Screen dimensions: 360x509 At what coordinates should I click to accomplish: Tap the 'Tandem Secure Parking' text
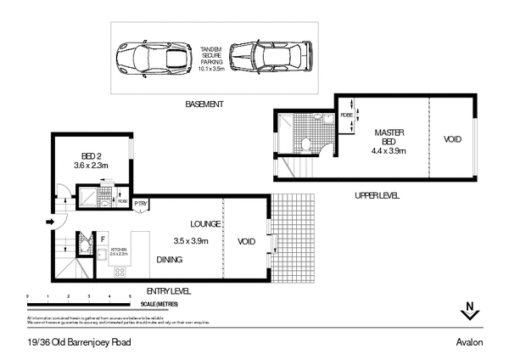point(210,56)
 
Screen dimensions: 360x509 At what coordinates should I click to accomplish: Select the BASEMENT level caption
point(204,104)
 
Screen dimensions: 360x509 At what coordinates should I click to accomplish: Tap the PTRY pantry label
point(141,204)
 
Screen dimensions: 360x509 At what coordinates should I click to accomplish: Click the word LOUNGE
point(206,223)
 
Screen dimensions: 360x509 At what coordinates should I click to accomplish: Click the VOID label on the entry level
point(247,240)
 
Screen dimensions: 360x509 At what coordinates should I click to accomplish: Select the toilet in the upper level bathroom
point(307,145)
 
